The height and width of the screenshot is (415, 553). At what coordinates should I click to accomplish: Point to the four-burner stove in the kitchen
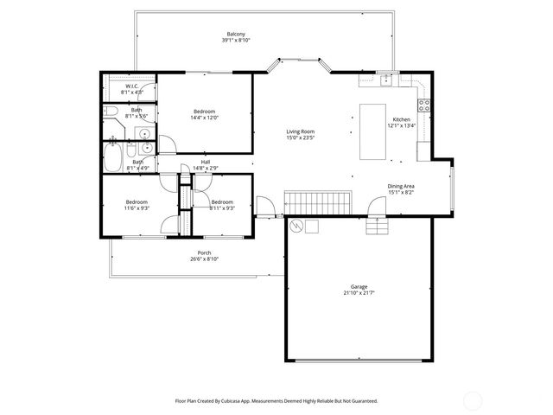click(423, 106)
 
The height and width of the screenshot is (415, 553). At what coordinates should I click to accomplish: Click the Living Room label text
click(300, 131)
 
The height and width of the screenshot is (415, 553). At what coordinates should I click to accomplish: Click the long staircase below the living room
click(318, 203)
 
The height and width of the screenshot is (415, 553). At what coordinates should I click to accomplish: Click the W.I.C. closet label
click(132, 86)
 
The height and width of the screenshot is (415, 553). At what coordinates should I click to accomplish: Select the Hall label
click(206, 161)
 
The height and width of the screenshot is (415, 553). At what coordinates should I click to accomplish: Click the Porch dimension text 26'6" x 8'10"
click(204, 259)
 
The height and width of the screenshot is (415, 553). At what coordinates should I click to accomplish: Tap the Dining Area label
click(401, 186)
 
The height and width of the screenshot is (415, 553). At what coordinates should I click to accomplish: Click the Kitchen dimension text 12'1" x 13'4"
click(402, 125)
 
